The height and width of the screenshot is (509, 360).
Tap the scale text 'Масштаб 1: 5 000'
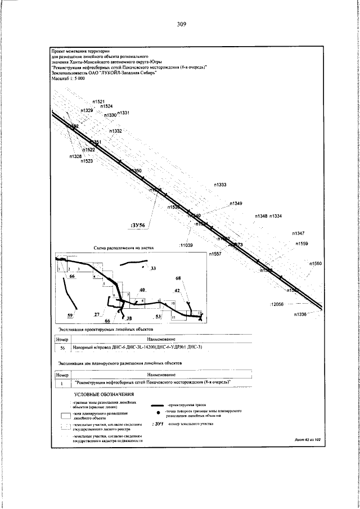[x=68, y=79]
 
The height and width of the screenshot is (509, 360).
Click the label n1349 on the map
[x=236, y=203]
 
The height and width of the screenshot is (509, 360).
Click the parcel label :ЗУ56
[x=137, y=225]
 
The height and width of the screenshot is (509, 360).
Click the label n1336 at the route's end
[x=300, y=314]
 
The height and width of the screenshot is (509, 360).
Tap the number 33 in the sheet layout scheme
[x=154, y=268]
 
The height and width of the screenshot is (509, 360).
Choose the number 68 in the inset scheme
[x=179, y=278]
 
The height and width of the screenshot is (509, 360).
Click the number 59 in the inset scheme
[x=70, y=315]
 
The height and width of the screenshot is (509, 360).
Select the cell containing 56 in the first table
[x=62, y=348]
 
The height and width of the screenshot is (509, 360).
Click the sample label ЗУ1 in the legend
[x=157, y=424]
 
